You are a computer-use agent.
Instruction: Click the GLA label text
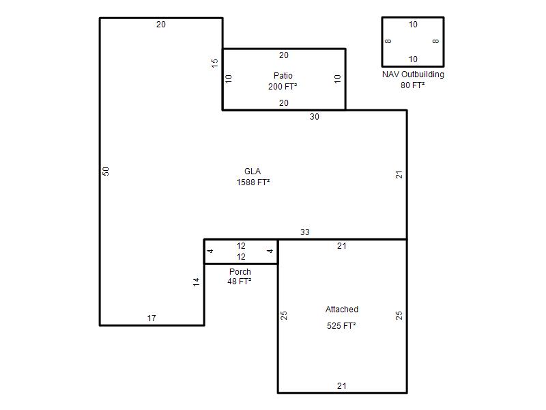(x=253, y=172)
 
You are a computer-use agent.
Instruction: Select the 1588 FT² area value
(x=253, y=182)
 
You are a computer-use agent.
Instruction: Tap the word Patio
(x=283, y=76)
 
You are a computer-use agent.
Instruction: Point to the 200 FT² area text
(x=283, y=87)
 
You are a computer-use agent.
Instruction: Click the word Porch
(x=240, y=271)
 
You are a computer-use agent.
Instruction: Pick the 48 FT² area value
(x=240, y=282)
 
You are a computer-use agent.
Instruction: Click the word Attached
(x=342, y=310)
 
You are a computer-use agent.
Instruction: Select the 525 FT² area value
(x=341, y=326)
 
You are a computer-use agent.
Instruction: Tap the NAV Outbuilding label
(x=413, y=74)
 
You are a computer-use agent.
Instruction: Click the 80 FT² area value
(x=413, y=85)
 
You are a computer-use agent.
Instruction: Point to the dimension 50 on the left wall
(x=106, y=172)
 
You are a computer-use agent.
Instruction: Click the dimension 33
(x=304, y=232)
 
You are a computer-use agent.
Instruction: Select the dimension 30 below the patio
(x=315, y=117)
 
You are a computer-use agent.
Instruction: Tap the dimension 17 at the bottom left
(x=152, y=318)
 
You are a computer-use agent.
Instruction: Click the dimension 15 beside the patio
(x=214, y=63)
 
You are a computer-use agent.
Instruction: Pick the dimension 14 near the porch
(x=197, y=282)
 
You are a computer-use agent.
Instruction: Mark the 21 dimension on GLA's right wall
(x=399, y=175)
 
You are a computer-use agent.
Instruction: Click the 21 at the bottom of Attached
(x=342, y=386)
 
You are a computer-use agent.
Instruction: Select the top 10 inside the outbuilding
(x=413, y=25)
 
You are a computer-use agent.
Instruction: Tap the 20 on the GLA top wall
(x=161, y=25)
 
